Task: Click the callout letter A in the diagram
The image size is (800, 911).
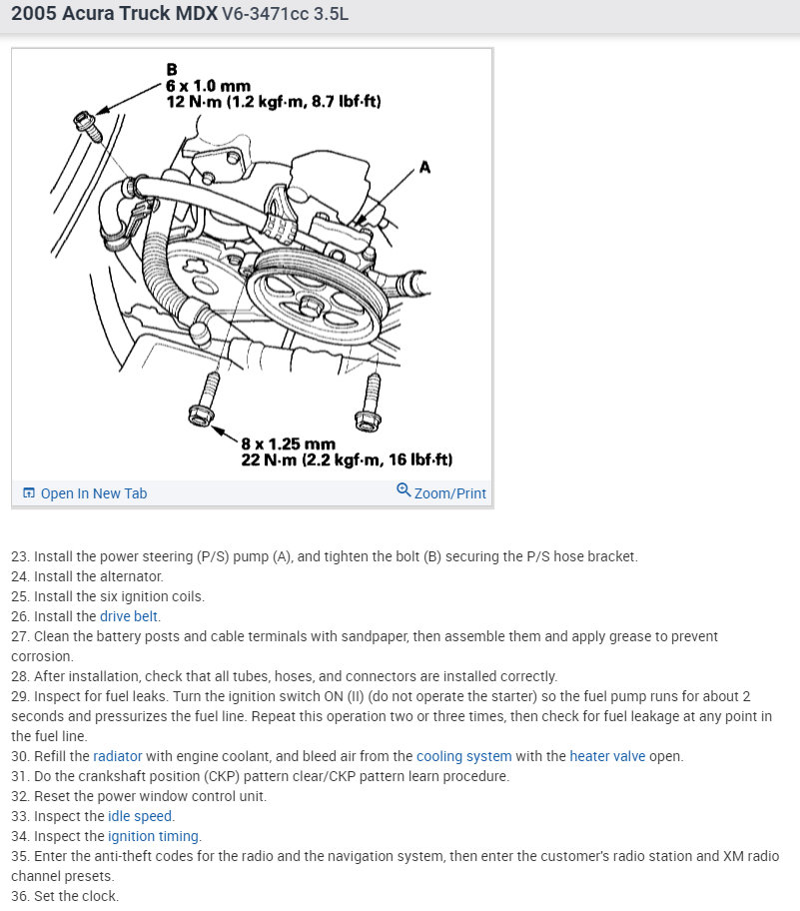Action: pyautogui.click(x=424, y=167)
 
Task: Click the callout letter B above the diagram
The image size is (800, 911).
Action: pyautogui.click(x=172, y=70)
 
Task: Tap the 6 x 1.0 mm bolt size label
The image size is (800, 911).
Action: pyautogui.click(x=208, y=86)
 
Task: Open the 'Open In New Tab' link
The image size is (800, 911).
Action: pyautogui.click(x=85, y=493)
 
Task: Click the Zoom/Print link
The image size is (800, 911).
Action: pyautogui.click(x=441, y=492)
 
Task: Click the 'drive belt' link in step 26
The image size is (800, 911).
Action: pyautogui.click(x=130, y=616)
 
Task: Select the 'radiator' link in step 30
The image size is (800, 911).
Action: pyautogui.click(x=118, y=756)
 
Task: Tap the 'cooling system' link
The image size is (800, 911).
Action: pyautogui.click(x=463, y=756)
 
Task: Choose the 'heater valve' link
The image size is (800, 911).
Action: pyautogui.click(x=607, y=756)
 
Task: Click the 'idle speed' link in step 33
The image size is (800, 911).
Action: pyautogui.click(x=141, y=816)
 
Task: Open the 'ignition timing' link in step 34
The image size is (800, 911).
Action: pyautogui.click(x=154, y=836)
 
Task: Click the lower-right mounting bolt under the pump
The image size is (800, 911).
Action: pyautogui.click(x=371, y=400)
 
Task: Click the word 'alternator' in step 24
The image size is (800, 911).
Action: pyautogui.click(x=130, y=576)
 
